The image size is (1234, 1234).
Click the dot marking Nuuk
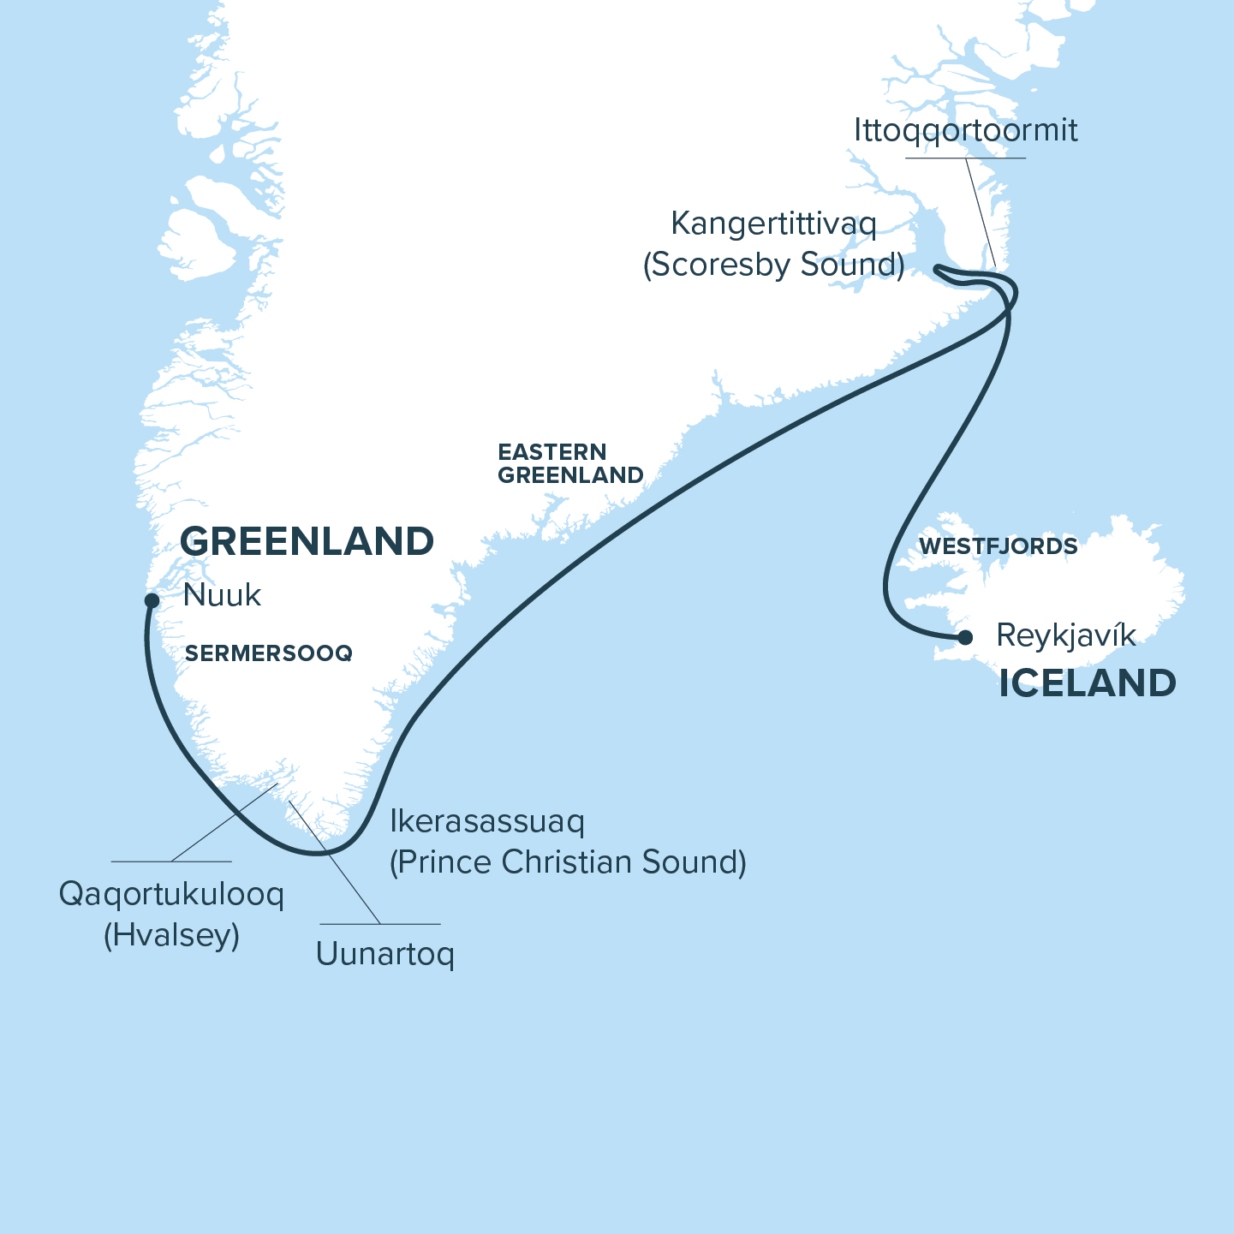152,600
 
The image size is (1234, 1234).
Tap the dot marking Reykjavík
965,637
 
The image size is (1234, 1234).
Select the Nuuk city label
222,595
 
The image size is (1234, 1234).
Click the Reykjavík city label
1066,635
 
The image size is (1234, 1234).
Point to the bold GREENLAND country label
307,542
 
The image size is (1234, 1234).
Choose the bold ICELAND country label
1087,683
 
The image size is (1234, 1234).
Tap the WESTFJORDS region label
998,546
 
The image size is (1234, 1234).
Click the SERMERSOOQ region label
269,653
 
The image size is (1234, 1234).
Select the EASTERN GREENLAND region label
570,463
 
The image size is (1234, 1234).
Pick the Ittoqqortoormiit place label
965,131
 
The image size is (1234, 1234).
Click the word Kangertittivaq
773,224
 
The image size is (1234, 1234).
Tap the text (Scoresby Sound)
773,265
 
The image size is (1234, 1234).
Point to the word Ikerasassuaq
486,821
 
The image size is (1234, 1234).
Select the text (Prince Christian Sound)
568,861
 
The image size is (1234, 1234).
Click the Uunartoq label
385,953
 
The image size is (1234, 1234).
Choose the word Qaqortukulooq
171,894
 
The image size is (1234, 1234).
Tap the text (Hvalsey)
171,934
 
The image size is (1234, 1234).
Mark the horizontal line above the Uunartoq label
380,924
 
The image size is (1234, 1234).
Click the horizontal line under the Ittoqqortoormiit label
965,158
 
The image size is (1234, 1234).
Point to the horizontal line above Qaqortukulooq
171,861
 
